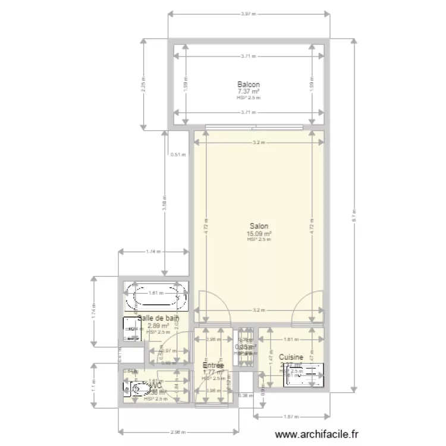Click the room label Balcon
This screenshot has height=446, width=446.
(248, 84)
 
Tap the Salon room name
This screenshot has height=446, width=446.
(259, 226)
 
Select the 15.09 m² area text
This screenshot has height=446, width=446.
(259, 234)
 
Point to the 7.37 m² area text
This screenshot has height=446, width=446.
(248, 92)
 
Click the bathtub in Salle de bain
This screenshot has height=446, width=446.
(156, 296)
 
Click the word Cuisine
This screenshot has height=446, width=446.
(291, 358)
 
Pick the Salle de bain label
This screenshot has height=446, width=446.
(158, 319)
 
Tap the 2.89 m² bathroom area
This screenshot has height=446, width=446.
(158, 326)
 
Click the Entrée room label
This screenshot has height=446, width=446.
(213, 365)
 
